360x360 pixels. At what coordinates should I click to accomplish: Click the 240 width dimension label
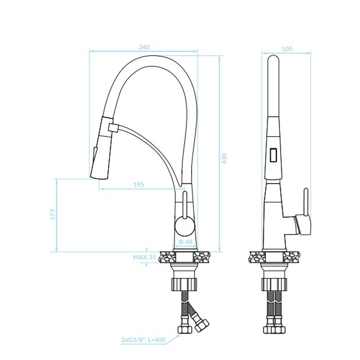click(x=144, y=47)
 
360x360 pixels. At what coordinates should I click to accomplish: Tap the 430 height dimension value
click(x=224, y=158)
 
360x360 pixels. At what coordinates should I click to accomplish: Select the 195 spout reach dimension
click(x=139, y=184)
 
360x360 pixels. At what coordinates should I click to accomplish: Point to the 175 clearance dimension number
click(x=53, y=214)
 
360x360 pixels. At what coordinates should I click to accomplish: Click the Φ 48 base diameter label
click(x=185, y=242)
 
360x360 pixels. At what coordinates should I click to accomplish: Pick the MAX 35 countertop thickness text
click(x=144, y=257)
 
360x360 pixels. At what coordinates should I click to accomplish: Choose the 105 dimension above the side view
click(x=287, y=49)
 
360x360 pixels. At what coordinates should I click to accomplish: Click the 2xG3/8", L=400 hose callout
click(x=143, y=340)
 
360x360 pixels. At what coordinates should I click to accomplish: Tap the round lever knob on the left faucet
click(x=185, y=226)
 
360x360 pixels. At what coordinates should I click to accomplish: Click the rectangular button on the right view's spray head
click(x=274, y=155)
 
